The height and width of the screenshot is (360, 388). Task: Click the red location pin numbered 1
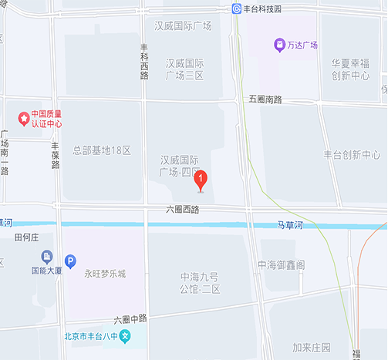tap(201, 181)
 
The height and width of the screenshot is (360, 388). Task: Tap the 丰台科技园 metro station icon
tap(238, 8)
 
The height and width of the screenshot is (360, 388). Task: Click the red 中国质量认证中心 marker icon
tap(25, 118)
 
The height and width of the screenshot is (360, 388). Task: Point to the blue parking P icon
tap(70, 261)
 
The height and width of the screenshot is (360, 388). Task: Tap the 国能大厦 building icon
tap(46, 257)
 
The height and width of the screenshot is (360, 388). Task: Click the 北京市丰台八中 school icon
tap(125, 336)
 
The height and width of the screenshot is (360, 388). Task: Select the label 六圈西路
tap(183, 209)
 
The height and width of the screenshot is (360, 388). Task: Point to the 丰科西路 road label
tap(144, 61)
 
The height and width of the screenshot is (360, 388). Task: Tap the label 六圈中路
tap(130, 318)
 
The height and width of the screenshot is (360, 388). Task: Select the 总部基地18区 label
tap(103, 150)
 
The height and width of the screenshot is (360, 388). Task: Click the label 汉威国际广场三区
tap(184, 69)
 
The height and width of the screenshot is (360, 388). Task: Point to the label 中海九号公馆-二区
tap(201, 283)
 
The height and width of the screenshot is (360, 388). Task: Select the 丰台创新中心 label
tap(353, 155)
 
